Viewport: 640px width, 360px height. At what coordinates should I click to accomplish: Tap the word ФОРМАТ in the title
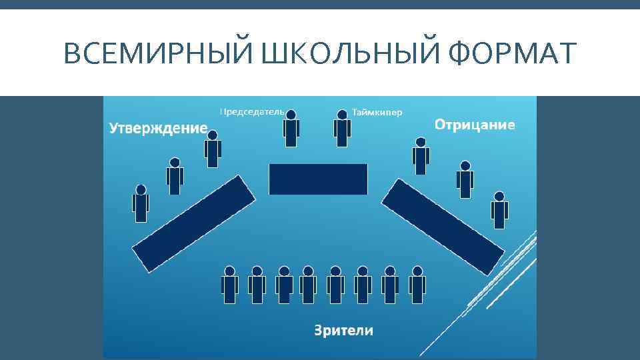511,53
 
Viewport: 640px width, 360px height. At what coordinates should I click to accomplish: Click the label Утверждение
158,128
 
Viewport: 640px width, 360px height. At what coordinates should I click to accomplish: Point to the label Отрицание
475,125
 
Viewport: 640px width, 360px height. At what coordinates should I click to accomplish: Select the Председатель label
252,111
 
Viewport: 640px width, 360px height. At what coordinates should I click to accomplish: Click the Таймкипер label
377,112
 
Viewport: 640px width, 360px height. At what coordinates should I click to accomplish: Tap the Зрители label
343,330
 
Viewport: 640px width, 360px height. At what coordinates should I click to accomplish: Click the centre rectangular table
318,179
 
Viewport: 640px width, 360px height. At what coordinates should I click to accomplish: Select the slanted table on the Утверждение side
194,223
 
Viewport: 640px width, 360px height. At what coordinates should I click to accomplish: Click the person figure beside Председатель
291,129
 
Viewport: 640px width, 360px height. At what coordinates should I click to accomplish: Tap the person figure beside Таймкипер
342,129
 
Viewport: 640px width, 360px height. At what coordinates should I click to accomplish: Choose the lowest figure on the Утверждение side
141,204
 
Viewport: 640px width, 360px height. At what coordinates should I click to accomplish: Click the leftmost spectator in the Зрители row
230,285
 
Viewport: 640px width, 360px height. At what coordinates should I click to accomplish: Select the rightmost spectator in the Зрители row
417,285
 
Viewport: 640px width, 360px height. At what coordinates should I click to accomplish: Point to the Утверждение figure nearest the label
213,149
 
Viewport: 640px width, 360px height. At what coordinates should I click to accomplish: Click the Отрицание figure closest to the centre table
421,156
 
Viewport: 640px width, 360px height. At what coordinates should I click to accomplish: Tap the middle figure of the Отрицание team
465,180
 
